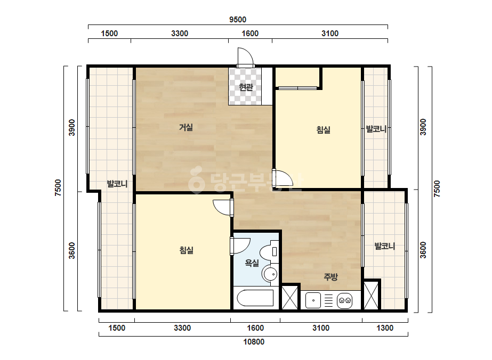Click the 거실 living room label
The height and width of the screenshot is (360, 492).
pyautogui.click(x=185, y=127)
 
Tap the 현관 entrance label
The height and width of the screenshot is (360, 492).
pyautogui.click(x=246, y=87)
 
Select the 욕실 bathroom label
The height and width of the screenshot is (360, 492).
pyautogui.click(x=252, y=263)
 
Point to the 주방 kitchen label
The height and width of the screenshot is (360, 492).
pyautogui.click(x=330, y=277)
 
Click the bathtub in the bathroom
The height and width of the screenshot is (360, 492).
pyautogui.click(x=255, y=298)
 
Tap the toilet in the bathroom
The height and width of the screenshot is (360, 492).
pyautogui.click(x=270, y=251)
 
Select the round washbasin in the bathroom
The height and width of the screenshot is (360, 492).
pyautogui.click(x=270, y=274)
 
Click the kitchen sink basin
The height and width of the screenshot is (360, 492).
pyautogui.click(x=313, y=300)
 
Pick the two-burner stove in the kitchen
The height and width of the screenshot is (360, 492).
pyautogui.click(x=344, y=301)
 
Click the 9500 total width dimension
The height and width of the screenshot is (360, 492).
pyautogui.click(x=238, y=20)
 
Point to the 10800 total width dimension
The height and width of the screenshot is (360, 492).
pyautogui.click(x=254, y=342)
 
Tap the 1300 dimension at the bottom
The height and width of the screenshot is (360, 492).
pyautogui.click(x=385, y=328)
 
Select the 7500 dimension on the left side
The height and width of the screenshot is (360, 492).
pyautogui.click(x=58, y=188)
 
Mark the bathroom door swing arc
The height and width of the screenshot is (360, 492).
pyautogui.click(x=240, y=246)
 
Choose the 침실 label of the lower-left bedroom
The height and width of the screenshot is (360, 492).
pyautogui.click(x=187, y=250)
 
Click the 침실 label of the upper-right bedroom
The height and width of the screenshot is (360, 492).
pyautogui.click(x=323, y=129)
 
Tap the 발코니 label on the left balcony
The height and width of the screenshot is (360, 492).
pyautogui.click(x=117, y=184)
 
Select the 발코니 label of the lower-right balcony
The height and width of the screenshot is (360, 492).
pyautogui.click(x=385, y=246)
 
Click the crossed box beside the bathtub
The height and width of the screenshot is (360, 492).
pyautogui.click(x=289, y=297)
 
